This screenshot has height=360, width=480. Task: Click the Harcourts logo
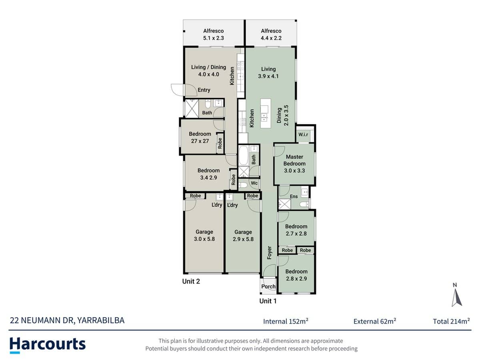pos(48,345)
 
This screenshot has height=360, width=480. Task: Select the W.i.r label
pos(303,134)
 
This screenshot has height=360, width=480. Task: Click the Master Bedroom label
pos(294,160)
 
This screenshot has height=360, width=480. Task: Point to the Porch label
pos(268,286)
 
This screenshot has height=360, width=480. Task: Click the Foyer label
pos(270,253)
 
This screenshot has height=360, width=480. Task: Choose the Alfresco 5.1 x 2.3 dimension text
pos(214,38)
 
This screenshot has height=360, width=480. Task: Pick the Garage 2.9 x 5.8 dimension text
pos(243,239)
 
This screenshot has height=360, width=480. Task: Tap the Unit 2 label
pos(191,281)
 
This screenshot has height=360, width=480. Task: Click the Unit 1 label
pos(268,301)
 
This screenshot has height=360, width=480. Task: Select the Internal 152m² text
pos(286,321)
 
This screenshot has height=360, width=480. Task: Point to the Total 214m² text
pos(451,321)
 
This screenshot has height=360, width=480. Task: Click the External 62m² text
pos(375,321)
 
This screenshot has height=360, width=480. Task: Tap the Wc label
pos(254,183)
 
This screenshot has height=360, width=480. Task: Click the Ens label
pos(294,196)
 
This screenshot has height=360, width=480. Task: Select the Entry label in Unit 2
pos(204,90)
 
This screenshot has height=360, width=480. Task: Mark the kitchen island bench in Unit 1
pos(266,113)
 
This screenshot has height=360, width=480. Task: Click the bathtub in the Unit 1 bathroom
pos(243,156)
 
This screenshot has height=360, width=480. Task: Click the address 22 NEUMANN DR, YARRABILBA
pos(67,320)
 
